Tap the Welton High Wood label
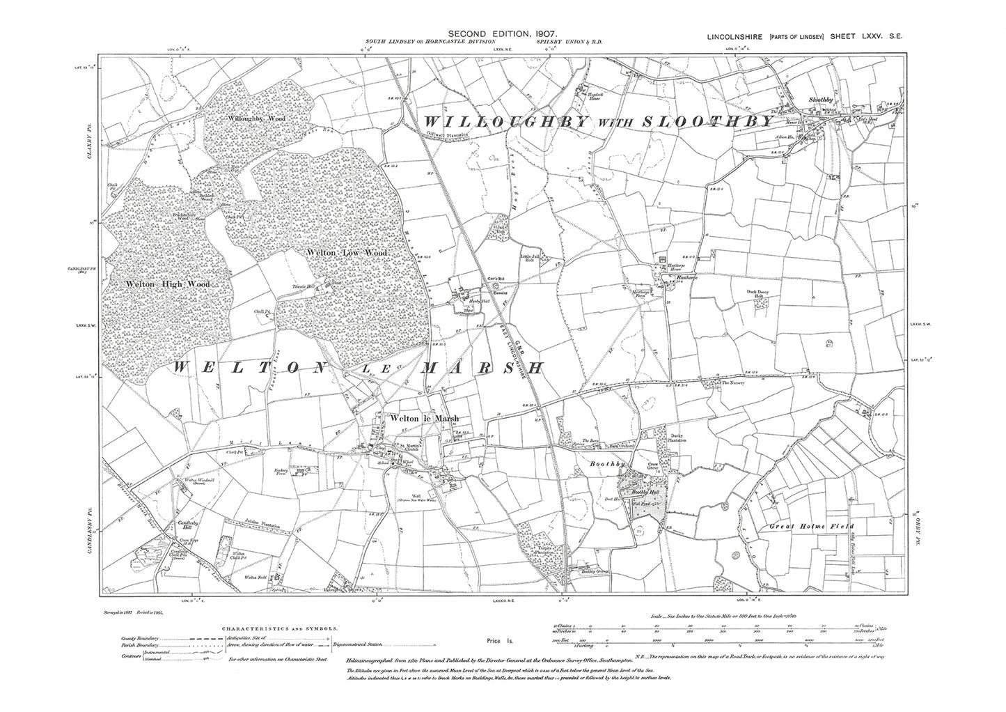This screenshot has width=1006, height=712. (168, 284)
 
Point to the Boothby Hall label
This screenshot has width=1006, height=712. (639, 493)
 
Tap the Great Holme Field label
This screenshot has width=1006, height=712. (810, 527)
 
